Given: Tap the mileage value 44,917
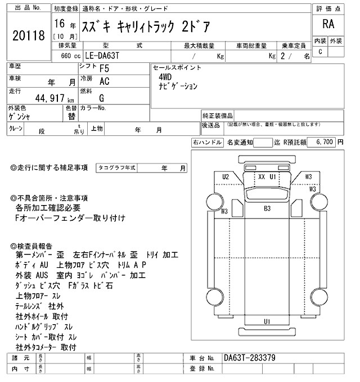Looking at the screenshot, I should click(x=43, y=97).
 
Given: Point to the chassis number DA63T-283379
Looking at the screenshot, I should click(x=249, y=358).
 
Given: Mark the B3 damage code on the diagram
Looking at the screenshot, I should click(x=267, y=208).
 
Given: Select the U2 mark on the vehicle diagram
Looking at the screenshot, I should click(x=226, y=176).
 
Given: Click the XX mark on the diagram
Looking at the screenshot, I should click(x=261, y=176).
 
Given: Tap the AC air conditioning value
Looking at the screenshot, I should click(x=104, y=80).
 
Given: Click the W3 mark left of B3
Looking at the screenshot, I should click(x=224, y=211).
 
